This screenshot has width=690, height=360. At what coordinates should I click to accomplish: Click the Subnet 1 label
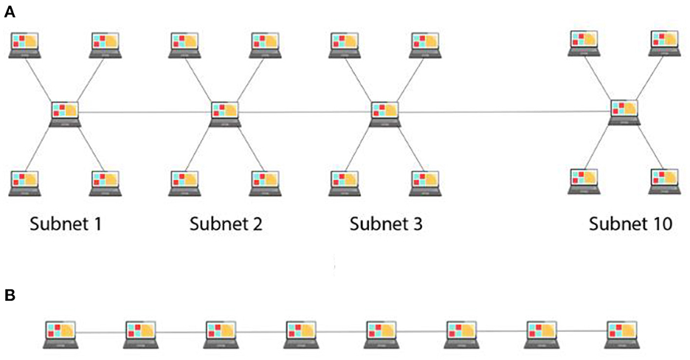coord(65,224)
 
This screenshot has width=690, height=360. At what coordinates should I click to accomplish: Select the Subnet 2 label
coord(225,224)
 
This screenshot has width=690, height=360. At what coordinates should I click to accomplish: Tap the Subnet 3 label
coord(386,224)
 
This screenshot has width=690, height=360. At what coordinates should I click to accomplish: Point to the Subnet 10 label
coord(631,224)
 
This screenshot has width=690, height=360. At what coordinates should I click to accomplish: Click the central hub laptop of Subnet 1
coord(65,114)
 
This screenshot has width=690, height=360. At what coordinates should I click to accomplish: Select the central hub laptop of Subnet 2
coord(225,114)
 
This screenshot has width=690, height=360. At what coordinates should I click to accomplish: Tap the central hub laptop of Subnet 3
coord(386,114)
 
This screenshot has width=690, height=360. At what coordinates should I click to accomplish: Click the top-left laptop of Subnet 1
coord(25,44)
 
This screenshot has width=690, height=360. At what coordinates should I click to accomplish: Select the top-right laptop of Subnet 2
coord(266,44)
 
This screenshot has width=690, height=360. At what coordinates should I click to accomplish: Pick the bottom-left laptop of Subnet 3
coord(345,183)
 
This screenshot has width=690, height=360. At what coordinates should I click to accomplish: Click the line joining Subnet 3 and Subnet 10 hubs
coord(506,112)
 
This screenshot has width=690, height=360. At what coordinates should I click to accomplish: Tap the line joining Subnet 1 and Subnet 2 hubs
coord(145,112)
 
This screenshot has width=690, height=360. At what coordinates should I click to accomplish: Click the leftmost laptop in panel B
coord(60,333)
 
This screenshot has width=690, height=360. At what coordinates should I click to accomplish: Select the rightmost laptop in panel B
coord(621,333)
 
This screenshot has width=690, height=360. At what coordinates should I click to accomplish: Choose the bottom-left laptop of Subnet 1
coord(25,183)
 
